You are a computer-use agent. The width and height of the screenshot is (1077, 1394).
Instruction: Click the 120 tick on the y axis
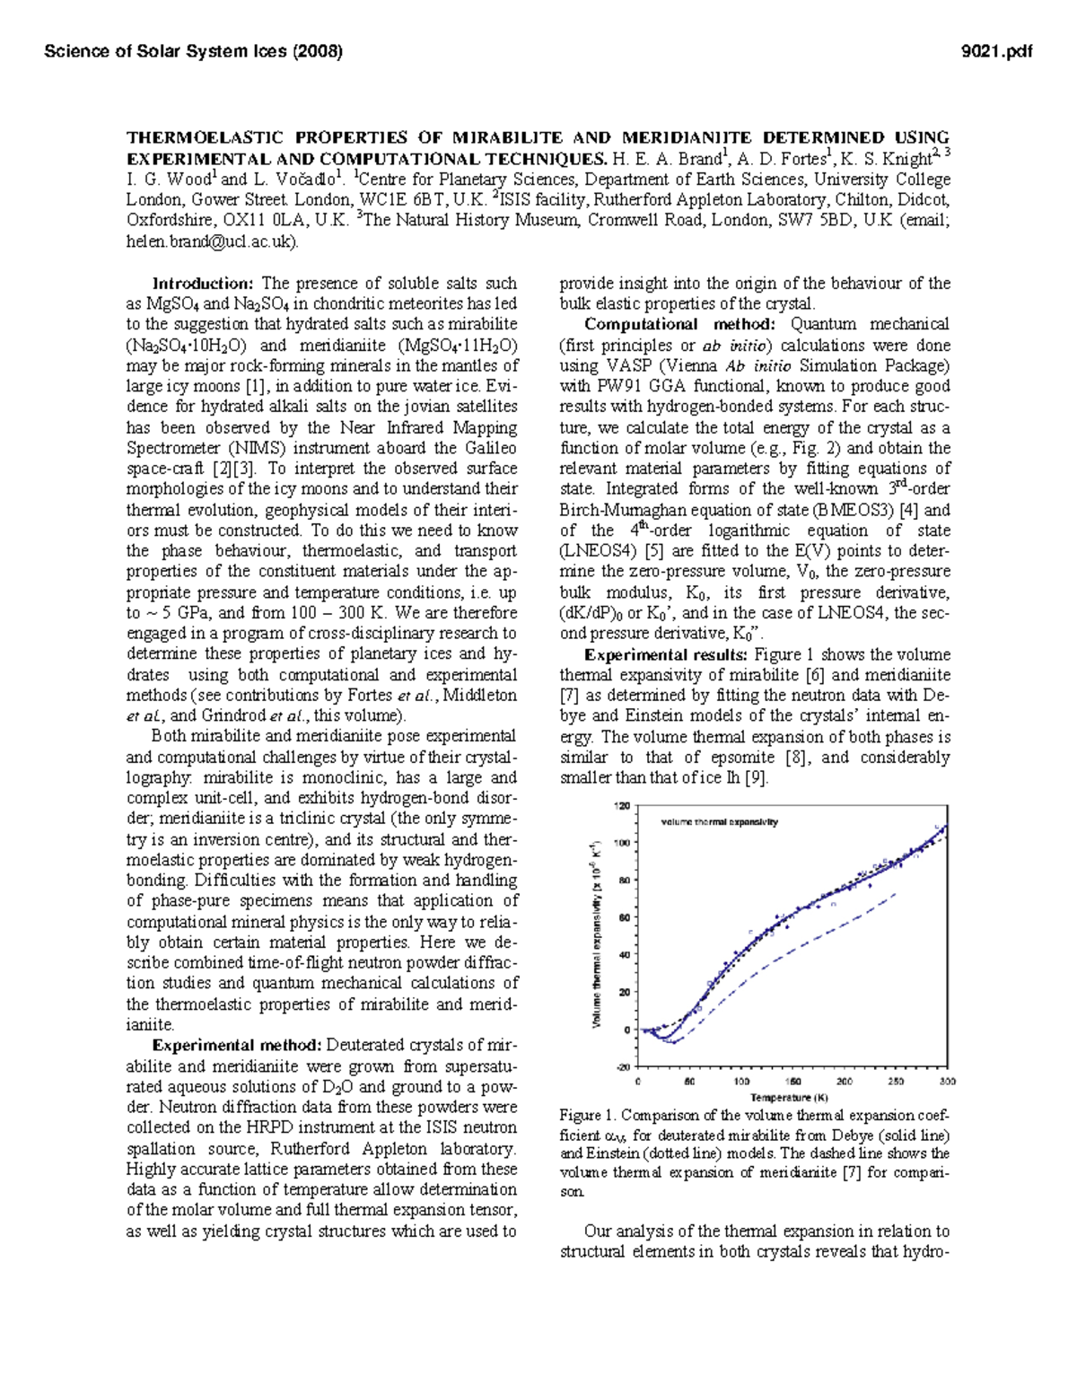tap(622, 805)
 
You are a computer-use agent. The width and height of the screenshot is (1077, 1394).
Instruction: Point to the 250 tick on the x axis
tap(896, 1081)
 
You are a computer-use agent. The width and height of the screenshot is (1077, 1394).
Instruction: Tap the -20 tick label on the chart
tap(622, 1067)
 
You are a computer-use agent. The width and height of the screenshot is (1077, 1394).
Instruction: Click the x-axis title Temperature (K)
tap(790, 1097)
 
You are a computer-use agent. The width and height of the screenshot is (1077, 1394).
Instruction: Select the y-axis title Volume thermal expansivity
tap(596, 934)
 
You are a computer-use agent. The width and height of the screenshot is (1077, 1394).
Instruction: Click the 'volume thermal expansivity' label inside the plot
tap(719, 821)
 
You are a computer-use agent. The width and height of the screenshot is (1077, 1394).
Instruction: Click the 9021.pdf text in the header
tap(996, 51)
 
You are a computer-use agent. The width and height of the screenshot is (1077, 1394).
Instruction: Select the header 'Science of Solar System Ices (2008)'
tap(193, 51)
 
